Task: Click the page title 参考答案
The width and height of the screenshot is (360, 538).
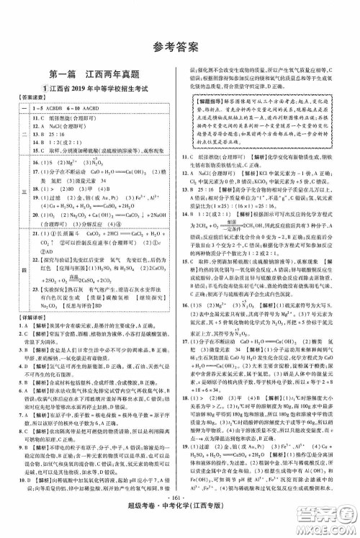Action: coord(180,49)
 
